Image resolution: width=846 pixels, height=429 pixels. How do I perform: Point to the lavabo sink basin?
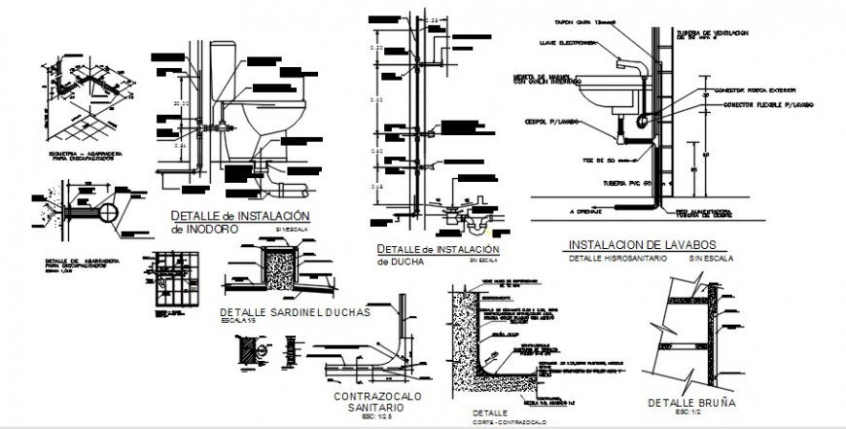[x=608, y=98]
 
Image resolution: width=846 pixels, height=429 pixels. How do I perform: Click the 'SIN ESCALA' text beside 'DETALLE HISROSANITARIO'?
[x=712, y=260]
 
